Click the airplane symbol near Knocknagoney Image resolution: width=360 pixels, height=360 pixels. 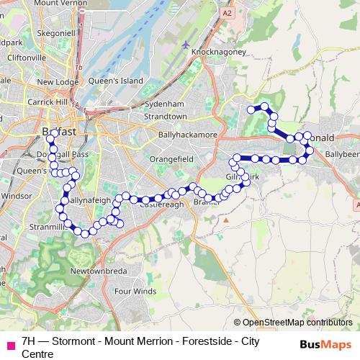[x=186, y=45]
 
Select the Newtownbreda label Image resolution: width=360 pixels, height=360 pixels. [x=98, y=271]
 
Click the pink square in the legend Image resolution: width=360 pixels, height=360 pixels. [x=10, y=344]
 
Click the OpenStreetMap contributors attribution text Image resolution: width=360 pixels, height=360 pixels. [x=297, y=323]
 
